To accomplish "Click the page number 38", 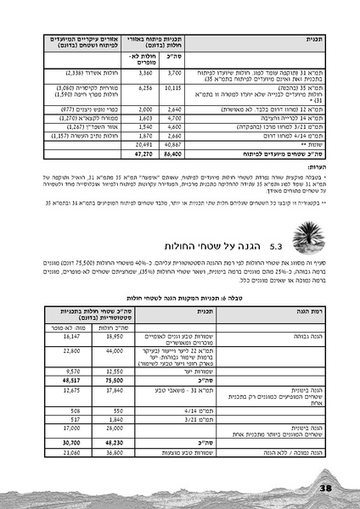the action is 326,487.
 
